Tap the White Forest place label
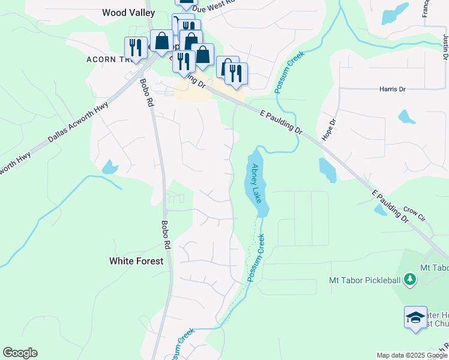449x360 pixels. click(x=136, y=261)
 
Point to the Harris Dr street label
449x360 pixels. click(x=393, y=89)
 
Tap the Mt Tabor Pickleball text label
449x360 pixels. click(x=365, y=280)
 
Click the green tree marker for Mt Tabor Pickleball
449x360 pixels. click(x=410, y=279)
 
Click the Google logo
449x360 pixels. click(x=20, y=353)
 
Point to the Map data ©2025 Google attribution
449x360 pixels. click(x=412, y=355)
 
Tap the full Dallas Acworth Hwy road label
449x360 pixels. click(x=79, y=122)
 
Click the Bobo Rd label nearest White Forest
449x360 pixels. click(x=166, y=235)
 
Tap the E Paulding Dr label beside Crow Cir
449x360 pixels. click(x=390, y=207)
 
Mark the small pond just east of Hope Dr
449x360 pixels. click(x=327, y=170)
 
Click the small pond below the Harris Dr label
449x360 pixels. click(x=407, y=116)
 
